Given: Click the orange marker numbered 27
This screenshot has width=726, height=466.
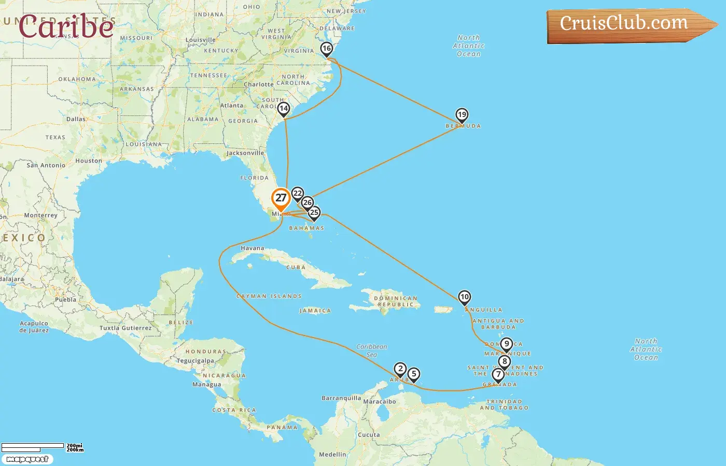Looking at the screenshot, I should pos(281,198).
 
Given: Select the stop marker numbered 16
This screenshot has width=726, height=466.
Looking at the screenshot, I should pos(326,49).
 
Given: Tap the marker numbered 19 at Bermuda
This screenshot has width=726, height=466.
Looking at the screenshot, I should pos(462,115).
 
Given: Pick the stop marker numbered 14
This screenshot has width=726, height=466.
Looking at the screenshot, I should pos(283,109).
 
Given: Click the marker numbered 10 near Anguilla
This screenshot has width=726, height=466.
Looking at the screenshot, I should pos(464,297).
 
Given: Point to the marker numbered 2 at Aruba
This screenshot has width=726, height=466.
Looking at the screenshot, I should pos(400,369).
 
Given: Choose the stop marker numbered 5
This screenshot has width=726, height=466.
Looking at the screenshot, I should pos(413,374).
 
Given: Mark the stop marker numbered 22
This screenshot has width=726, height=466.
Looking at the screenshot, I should pos(297,194).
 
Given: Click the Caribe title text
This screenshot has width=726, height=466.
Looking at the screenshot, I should pos(66,26).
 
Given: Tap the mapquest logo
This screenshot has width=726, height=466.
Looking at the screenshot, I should pos(27,459).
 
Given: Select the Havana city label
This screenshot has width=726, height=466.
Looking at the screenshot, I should pos(253,249).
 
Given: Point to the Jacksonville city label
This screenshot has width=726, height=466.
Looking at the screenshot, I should pos(245,153).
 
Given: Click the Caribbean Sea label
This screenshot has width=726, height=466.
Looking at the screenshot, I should pos(371,351).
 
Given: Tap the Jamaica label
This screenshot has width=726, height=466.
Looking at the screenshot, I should pos(315,311).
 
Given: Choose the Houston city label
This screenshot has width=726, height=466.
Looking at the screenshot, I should pos(89,161).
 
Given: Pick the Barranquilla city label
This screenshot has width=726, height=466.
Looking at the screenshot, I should pos(341,398).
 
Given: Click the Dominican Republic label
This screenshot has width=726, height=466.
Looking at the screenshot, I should pos(396,301).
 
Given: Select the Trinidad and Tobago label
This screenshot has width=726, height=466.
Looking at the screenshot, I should pos(504,404).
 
